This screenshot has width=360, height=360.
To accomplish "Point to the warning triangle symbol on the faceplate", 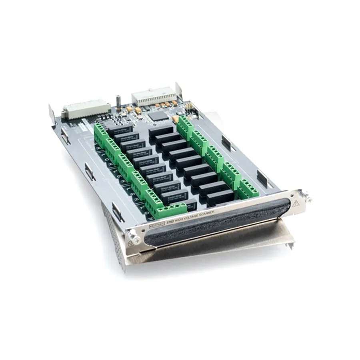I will pyautogui.click(x=296, y=203).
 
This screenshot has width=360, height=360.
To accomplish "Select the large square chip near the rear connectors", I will pyautogui.click(x=158, y=116).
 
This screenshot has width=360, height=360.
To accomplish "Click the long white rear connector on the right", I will pyautogui.click(x=154, y=97).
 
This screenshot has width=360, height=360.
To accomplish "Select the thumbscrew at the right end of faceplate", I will pyautogui.click(x=307, y=197).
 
